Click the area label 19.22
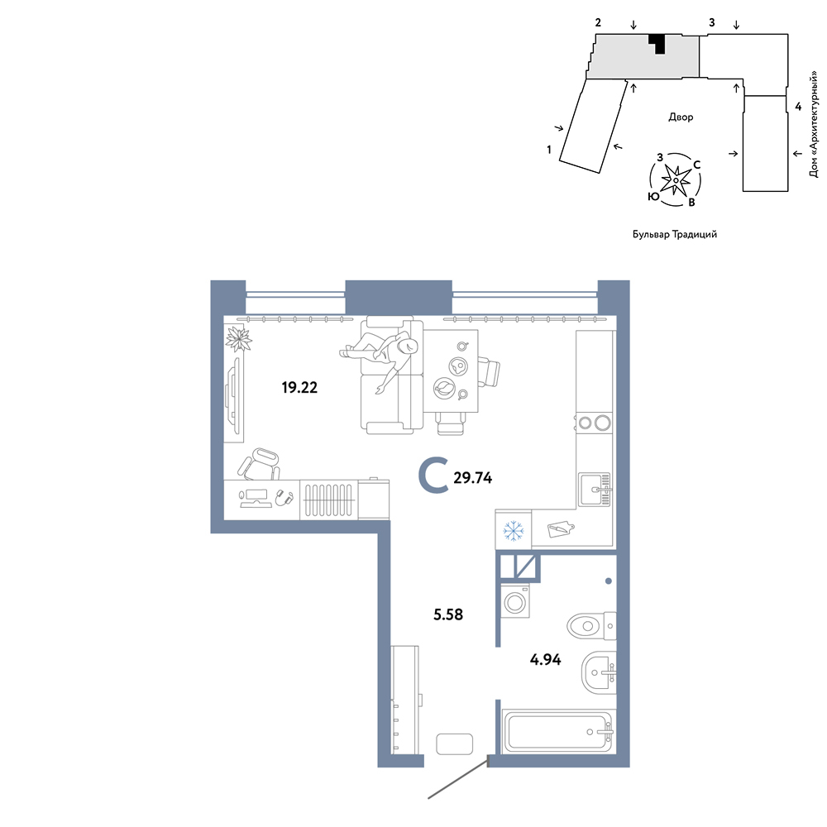[299, 388]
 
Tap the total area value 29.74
[472, 478]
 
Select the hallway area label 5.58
[448, 614]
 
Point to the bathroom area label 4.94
[545, 659]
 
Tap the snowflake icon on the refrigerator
[512, 531]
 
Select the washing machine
[515, 600]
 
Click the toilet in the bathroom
[591, 626]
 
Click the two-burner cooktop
[595, 423]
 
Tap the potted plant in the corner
[238, 338]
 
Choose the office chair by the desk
[259, 464]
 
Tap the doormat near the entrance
[455, 744]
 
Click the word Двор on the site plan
[681, 117]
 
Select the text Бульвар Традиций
[675, 234]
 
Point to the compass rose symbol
[675, 179]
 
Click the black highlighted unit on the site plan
[658, 42]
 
